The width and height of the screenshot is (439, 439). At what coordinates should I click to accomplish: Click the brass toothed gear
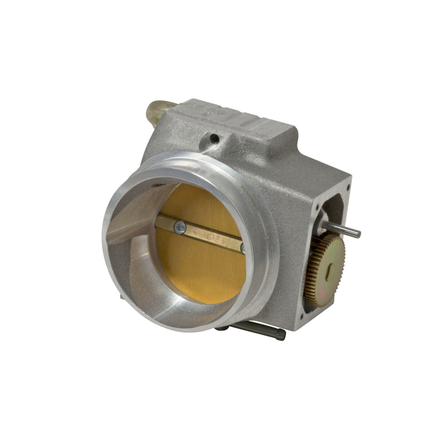click(x=325, y=269)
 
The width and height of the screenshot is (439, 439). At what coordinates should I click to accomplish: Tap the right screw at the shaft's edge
click(x=243, y=248)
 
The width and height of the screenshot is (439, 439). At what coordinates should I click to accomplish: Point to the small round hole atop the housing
click(x=214, y=137)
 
